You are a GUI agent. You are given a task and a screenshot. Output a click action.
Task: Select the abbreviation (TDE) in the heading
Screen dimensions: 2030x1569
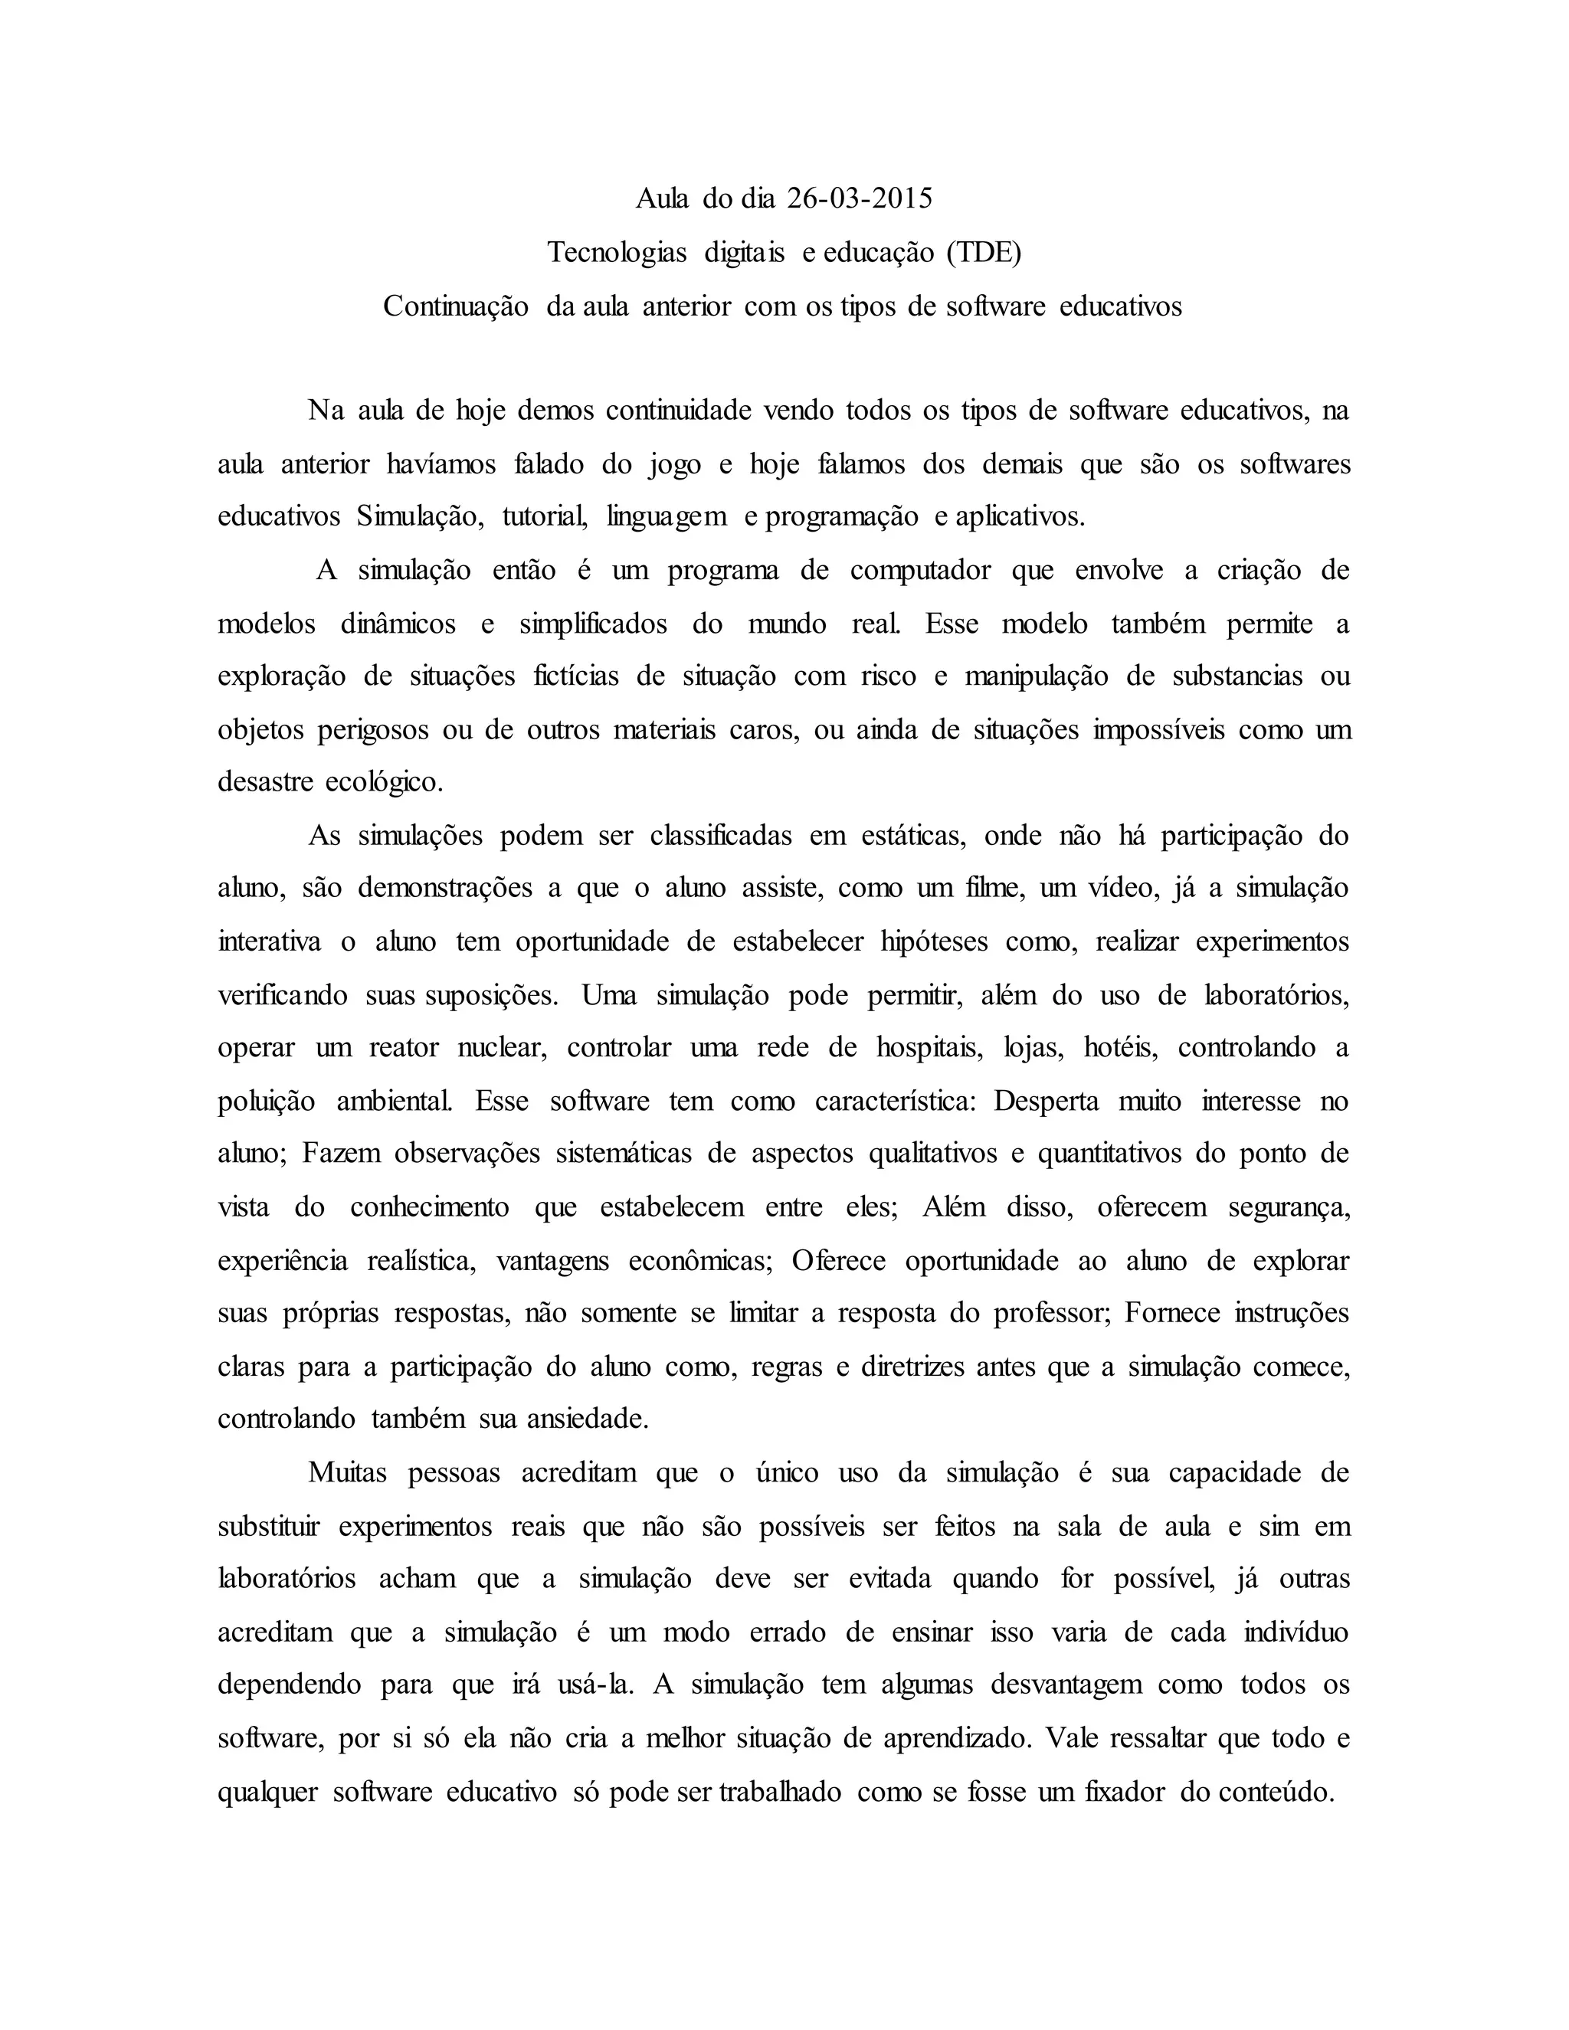(984, 252)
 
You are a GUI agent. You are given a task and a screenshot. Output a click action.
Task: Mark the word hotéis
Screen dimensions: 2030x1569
(1120, 1047)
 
